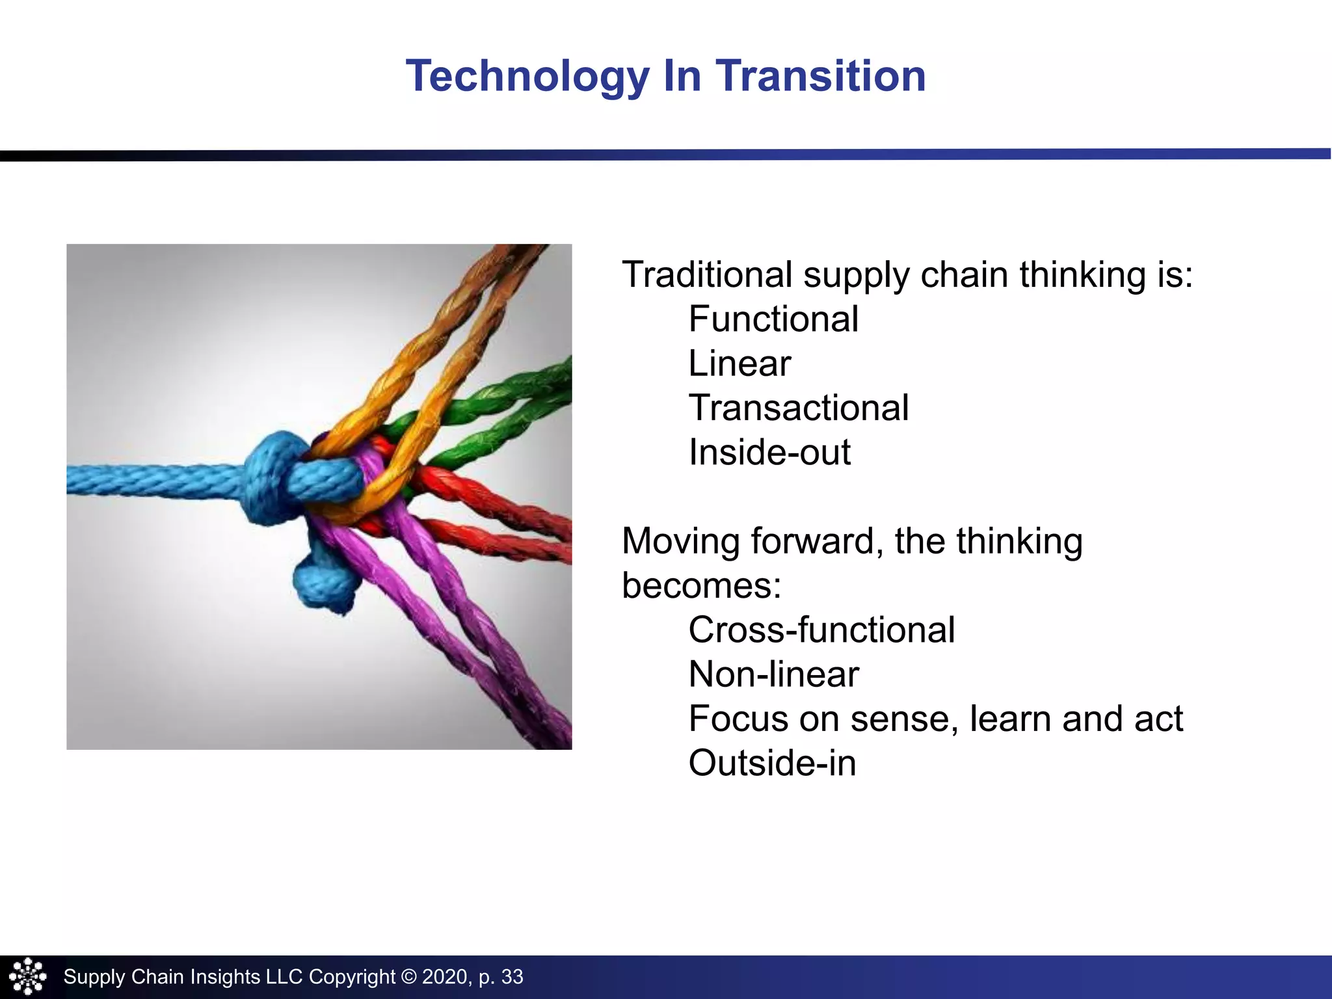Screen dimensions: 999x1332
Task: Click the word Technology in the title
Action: point(527,77)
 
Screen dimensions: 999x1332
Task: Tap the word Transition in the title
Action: point(821,77)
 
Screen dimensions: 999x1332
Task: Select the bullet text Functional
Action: point(773,319)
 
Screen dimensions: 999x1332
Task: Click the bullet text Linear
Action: point(739,364)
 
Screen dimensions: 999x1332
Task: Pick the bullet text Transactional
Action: point(798,408)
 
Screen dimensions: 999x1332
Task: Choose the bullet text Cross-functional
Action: point(821,630)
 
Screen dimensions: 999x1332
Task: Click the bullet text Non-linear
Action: point(773,674)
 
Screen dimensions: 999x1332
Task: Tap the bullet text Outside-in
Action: point(772,764)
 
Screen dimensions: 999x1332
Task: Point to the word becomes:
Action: point(701,585)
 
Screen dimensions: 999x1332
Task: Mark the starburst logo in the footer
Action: point(27,977)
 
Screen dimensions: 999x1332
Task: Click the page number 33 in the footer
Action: point(512,977)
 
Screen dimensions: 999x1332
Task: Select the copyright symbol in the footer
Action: point(408,977)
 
